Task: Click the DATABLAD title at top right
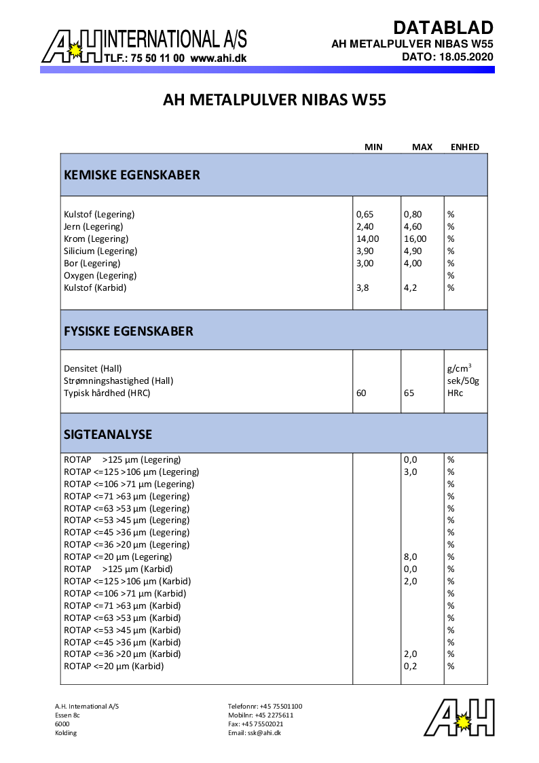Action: coord(443,28)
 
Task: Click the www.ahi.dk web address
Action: coord(219,58)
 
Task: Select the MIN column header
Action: coord(373,147)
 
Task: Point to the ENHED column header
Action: coord(465,147)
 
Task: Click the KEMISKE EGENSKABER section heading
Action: coord(132,175)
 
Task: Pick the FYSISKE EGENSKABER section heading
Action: coord(128,331)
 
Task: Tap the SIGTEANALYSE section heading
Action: coord(108,433)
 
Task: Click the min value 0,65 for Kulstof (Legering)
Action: coord(365,214)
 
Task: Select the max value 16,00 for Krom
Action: coord(415,238)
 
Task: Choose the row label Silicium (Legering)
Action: coord(100,251)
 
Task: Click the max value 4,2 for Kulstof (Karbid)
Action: coord(410,287)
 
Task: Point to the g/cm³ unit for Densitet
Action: coord(459,368)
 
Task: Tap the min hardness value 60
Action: coord(361,393)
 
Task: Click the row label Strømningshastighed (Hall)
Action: coord(118,380)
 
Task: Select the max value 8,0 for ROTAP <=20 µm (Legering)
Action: coord(410,556)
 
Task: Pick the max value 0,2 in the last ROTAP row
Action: coord(410,667)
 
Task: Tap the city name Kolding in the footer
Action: coord(66,732)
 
